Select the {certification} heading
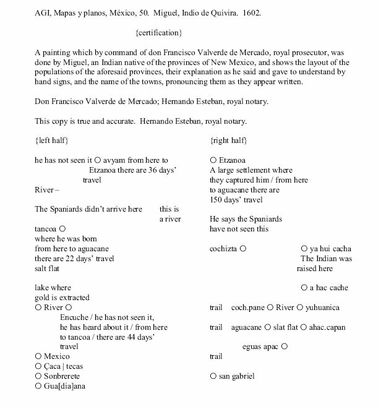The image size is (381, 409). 158,30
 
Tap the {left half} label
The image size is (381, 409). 53,141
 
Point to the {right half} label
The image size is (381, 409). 230,141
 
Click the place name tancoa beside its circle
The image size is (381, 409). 45,228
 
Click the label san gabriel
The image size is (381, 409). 236,376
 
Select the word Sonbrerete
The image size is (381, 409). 62,376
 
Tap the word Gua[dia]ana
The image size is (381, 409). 64,386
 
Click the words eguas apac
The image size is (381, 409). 260,347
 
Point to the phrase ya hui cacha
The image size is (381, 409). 330,248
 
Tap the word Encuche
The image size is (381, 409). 74,317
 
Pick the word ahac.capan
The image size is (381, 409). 328,327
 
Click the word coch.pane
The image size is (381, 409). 247,308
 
